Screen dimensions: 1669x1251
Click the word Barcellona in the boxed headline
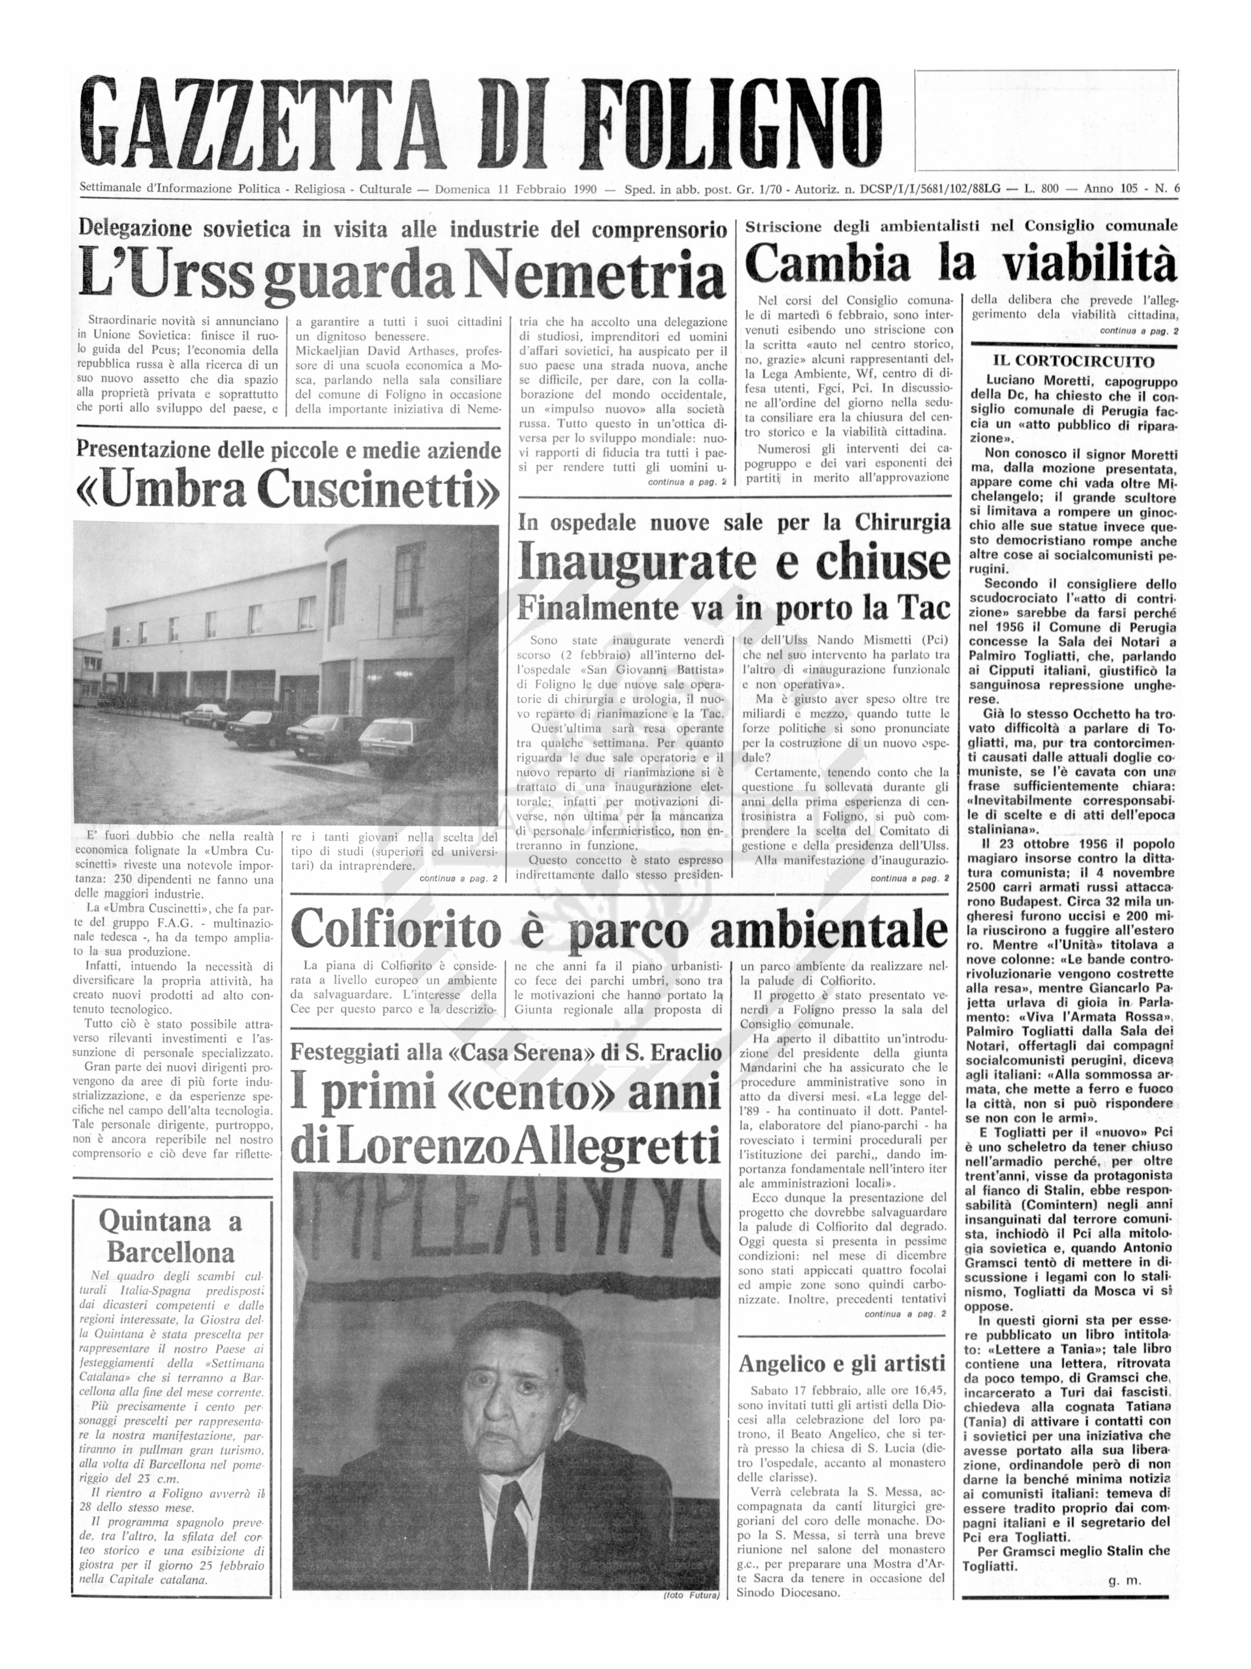[x=171, y=1254]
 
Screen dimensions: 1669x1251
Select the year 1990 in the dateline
[x=585, y=189]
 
